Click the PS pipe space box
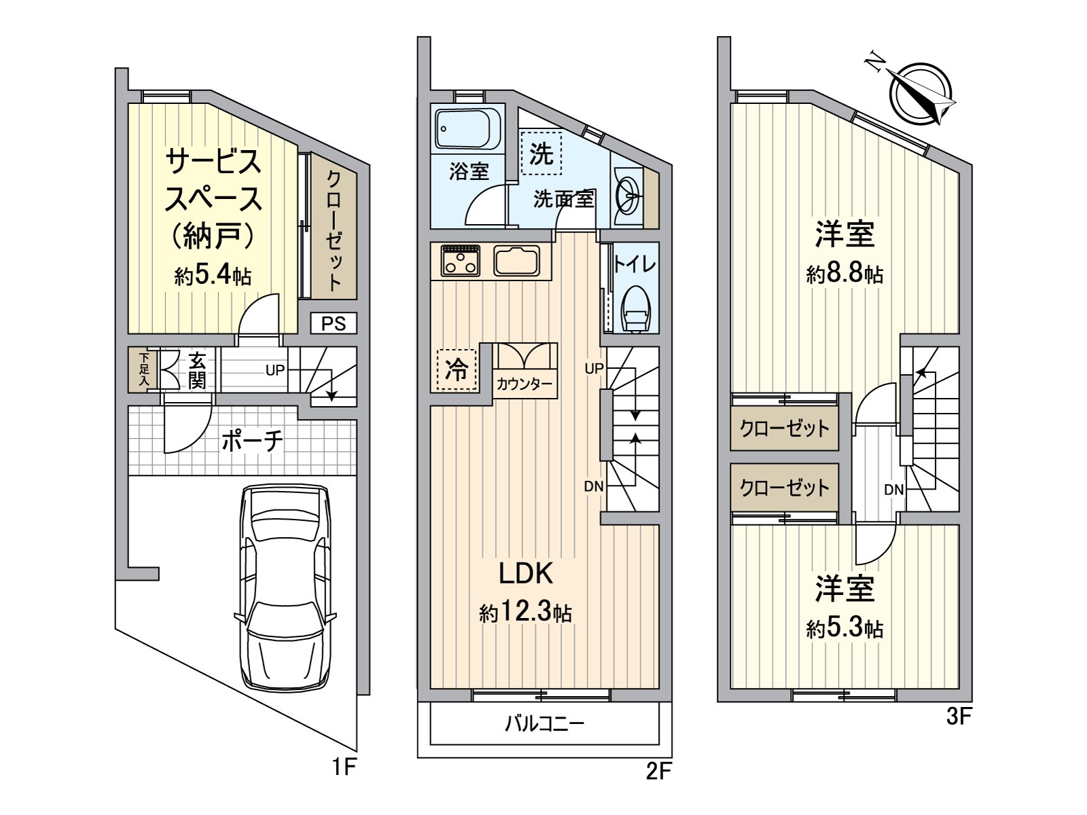334,324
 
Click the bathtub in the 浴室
467,128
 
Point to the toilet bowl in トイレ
635,308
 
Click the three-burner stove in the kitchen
461,260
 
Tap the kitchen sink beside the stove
516,260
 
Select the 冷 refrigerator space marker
456,369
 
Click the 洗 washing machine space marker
541,153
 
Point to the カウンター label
524,384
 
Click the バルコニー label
544,724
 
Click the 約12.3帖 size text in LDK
525,613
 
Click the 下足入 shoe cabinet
143,369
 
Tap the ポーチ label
252,440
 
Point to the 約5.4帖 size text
213,275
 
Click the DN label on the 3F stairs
894,490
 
